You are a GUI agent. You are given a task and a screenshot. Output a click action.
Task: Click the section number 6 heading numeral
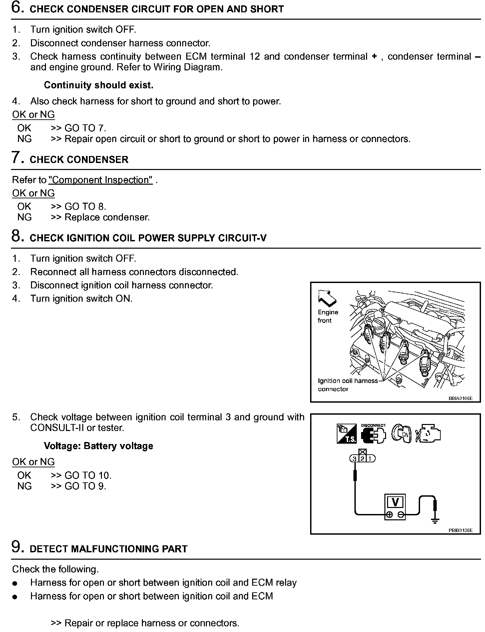[x=17, y=7]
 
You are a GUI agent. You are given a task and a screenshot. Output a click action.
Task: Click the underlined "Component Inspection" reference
[x=100, y=180]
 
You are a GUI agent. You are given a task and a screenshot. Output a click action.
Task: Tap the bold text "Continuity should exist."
[x=99, y=85]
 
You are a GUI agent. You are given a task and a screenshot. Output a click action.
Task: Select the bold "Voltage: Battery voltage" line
[x=98, y=446]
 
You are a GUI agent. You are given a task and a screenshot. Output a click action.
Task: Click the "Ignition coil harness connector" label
[x=347, y=385]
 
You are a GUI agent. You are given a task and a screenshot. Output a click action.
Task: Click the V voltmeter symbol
[x=395, y=502]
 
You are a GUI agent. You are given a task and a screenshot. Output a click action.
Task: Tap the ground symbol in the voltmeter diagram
[x=435, y=521]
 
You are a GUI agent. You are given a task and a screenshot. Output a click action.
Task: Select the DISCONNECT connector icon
[x=373, y=434]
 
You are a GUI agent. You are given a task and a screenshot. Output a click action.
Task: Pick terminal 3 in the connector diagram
[x=354, y=459]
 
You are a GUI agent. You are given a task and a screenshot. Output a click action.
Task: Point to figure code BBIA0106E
[x=460, y=398]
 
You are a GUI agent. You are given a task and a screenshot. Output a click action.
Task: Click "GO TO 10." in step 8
[x=88, y=475]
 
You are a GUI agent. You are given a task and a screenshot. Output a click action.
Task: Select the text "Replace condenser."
[x=107, y=217]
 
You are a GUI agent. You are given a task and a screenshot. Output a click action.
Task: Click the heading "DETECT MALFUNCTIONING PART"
[x=109, y=549]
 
